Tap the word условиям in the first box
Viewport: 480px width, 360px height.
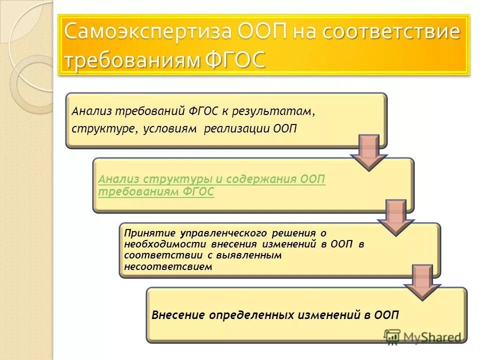tap(169, 128)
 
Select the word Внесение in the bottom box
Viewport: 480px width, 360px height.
tap(178, 315)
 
